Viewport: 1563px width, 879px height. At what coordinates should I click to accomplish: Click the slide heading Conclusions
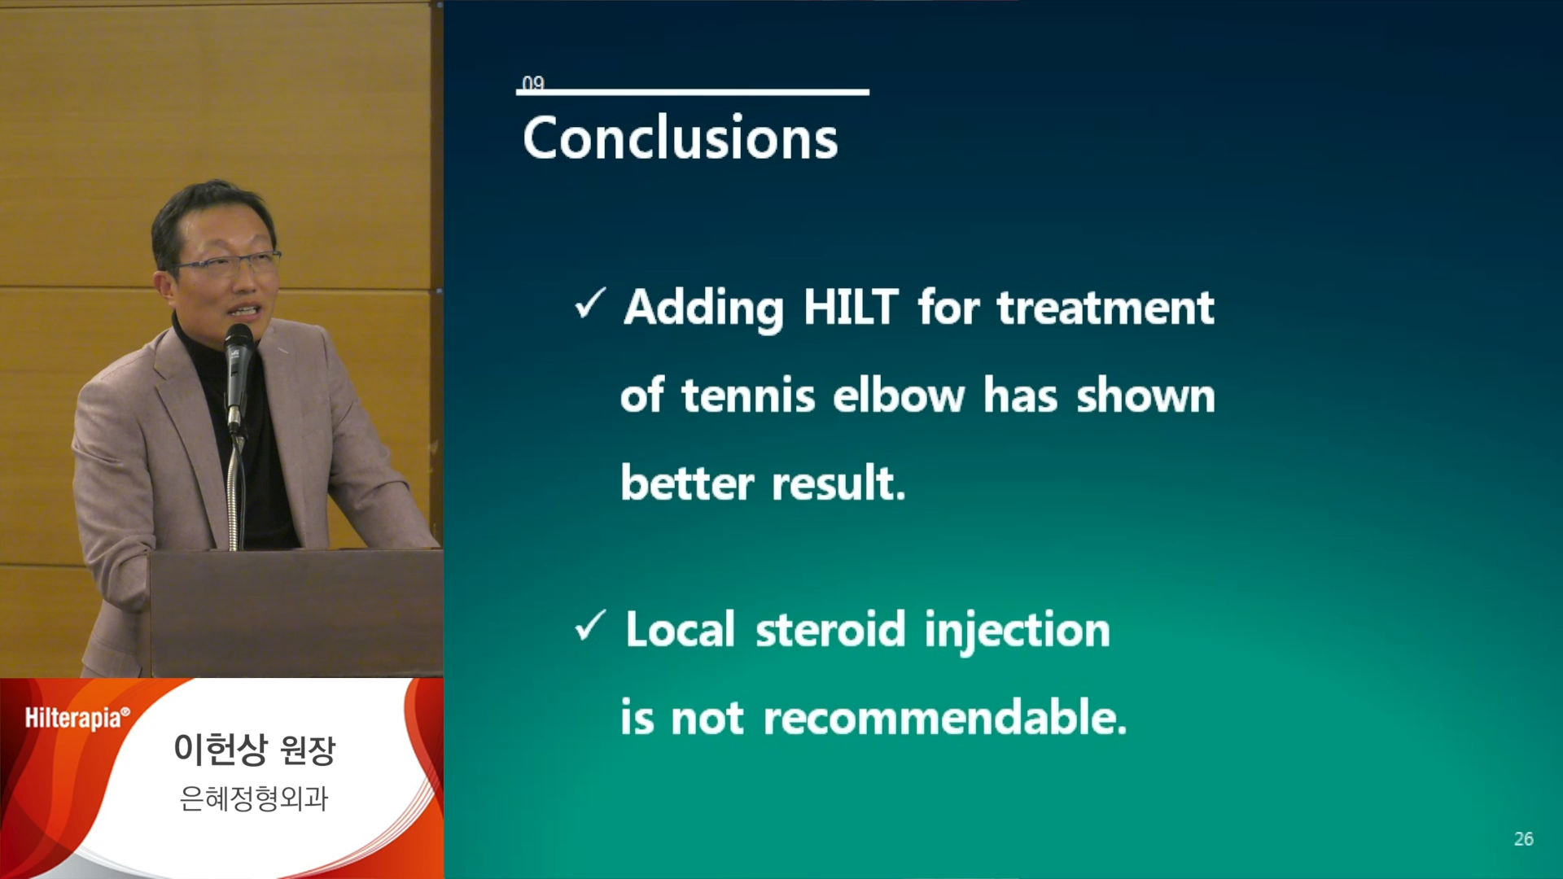(x=681, y=138)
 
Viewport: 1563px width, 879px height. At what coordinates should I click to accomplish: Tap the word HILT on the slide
(x=851, y=308)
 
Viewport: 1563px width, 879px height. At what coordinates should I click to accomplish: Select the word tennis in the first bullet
(x=748, y=396)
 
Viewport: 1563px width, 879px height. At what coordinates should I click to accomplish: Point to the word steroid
(x=830, y=631)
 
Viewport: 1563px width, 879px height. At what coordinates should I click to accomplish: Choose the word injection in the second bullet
(x=1018, y=632)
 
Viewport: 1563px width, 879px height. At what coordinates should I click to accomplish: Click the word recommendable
(x=945, y=718)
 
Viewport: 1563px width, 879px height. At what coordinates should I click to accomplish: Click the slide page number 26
(x=1523, y=839)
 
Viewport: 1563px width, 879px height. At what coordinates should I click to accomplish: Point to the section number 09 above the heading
(x=533, y=83)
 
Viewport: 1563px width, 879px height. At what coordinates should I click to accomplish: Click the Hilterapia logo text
(x=77, y=718)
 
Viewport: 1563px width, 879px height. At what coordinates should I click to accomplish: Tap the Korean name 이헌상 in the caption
(x=220, y=749)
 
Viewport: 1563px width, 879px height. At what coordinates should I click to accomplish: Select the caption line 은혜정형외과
(x=254, y=798)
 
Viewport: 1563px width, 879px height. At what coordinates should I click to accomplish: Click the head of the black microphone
(x=239, y=342)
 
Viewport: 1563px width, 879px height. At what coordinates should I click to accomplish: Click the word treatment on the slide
(x=1106, y=308)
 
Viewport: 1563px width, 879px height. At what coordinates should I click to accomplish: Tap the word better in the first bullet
(x=687, y=483)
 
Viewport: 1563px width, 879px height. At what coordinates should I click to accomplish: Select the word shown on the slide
(x=1145, y=396)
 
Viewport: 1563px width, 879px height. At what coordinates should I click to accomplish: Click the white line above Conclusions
(x=693, y=92)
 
